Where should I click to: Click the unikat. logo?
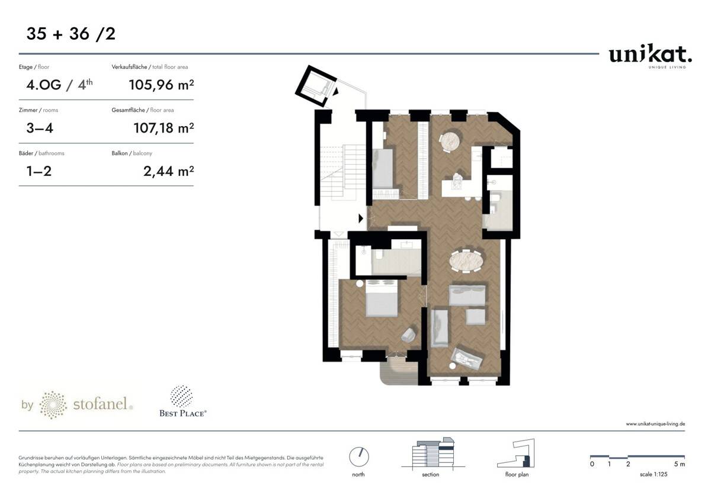[650, 56]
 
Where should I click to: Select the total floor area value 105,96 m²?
[161, 85]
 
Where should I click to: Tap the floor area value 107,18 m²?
[161, 128]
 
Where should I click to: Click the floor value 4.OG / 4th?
[59, 85]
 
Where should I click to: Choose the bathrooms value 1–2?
[39, 172]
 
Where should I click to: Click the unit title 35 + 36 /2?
[71, 34]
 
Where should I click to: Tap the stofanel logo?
[77, 405]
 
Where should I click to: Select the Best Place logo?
[182, 402]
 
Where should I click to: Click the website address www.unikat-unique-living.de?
[655, 424]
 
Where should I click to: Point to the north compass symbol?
[358, 456]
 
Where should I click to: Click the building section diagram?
[431, 455]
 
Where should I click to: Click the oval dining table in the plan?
[467, 260]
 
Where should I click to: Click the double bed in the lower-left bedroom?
[380, 300]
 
